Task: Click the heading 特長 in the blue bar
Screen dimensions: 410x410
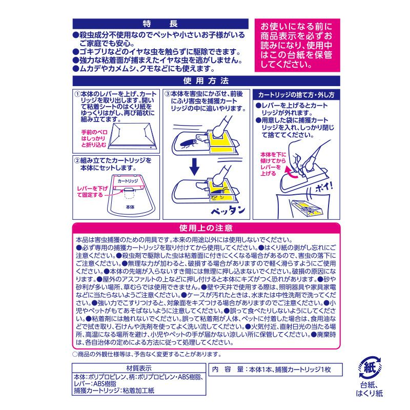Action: [x=160, y=24]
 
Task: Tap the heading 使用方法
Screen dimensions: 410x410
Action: [x=206, y=81]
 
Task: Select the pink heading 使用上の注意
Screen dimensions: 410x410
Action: [x=206, y=228]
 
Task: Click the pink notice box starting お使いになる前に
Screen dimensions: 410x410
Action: [x=297, y=45]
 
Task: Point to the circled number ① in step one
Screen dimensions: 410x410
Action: [x=77, y=94]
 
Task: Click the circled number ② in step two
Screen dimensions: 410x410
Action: [x=77, y=160]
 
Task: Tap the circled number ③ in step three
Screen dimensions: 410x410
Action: [x=168, y=94]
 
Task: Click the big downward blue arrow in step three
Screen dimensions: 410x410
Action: [x=194, y=167]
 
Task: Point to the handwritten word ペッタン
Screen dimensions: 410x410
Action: [x=228, y=210]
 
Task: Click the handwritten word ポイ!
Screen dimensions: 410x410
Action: [x=324, y=187]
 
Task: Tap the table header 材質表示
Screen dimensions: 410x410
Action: [x=139, y=368]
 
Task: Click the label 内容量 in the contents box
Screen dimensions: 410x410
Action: [x=228, y=370]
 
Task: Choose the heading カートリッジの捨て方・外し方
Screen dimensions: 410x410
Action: [x=296, y=95]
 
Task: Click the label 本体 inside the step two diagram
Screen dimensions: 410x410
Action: [x=130, y=207]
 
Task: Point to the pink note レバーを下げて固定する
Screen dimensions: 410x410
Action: [x=92, y=192]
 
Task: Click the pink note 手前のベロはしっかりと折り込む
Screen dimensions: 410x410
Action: [x=94, y=138]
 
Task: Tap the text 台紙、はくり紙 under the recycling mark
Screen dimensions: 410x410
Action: [x=369, y=389]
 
